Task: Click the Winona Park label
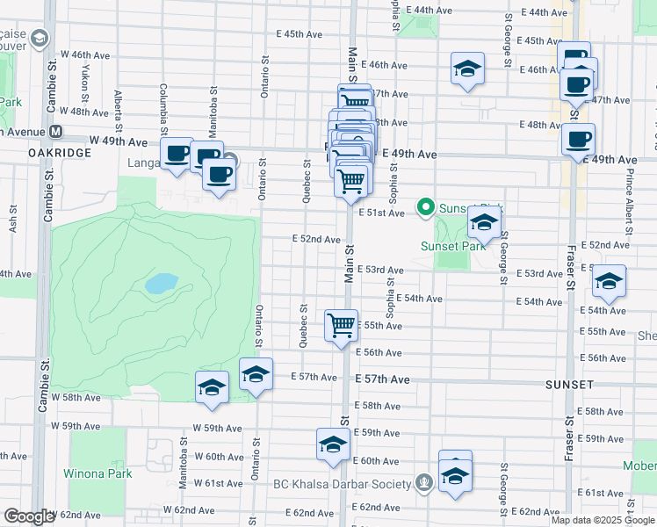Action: tap(97, 473)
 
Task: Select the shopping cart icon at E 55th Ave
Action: tap(341, 326)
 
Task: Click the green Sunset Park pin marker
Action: tap(426, 207)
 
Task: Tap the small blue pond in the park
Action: tap(161, 283)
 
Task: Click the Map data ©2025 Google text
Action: tap(603, 520)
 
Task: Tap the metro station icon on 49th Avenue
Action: tap(55, 132)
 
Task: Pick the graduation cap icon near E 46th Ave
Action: tap(468, 69)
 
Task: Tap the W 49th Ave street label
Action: tap(117, 141)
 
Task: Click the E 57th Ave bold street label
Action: tap(382, 379)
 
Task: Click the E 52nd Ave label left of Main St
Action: tap(316, 239)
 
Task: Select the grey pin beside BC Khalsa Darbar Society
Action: tap(424, 482)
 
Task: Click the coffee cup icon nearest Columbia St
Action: tap(177, 155)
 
